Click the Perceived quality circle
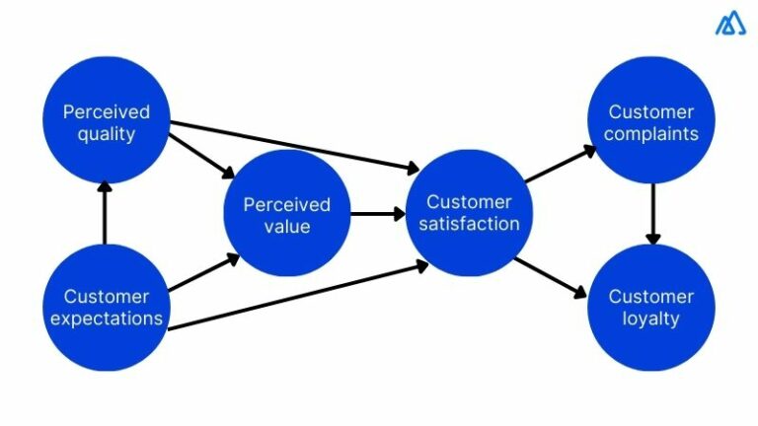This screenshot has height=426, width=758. (106, 120)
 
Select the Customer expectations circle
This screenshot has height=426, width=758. (106, 307)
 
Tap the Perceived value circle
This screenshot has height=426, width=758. (287, 214)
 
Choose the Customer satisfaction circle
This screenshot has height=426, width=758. (471, 212)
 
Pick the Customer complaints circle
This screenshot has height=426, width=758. (651, 120)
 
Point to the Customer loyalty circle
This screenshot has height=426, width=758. (651, 307)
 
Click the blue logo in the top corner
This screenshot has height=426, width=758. (730, 25)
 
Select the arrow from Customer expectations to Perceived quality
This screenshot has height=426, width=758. (106, 213)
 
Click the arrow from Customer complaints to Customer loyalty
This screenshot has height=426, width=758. (651, 214)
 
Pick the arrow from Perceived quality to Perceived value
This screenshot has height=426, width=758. (201, 155)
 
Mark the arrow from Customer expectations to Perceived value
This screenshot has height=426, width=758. (202, 273)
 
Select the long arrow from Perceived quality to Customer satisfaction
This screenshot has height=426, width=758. (296, 145)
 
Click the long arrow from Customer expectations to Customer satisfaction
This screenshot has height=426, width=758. (296, 295)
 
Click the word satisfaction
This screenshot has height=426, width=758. (472, 224)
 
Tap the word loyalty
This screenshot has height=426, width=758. (651, 319)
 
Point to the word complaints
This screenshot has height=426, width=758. (651, 133)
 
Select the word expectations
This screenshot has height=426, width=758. (106, 319)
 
